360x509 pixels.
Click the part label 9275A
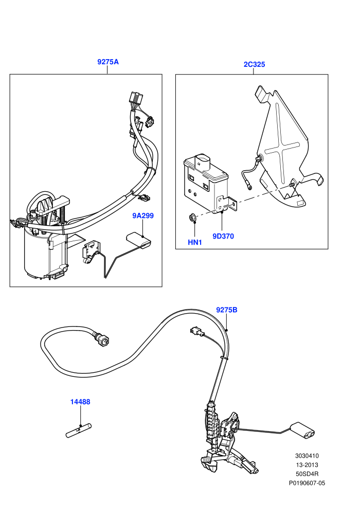[x=108, y=62]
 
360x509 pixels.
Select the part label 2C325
[x=254, y=64]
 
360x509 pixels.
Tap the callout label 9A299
[x=143, y=215]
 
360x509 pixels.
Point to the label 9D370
[x=223, y=237]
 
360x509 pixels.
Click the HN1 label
[x=195, y=242]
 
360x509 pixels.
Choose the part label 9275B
[x=227, y=310]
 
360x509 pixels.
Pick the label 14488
[x=80, y=402]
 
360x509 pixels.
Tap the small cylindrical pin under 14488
[x=79, y=430]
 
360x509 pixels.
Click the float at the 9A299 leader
[x=139, y=240]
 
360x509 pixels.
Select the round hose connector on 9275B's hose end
[x=101, y=339]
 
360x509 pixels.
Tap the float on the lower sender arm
[x=302, y=431]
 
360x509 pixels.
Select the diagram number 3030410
[x=307, y=456]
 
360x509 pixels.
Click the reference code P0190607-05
[x=307, y=483]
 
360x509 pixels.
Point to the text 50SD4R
[x=307, y=474]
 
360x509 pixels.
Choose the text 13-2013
[x=307, y=465]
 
